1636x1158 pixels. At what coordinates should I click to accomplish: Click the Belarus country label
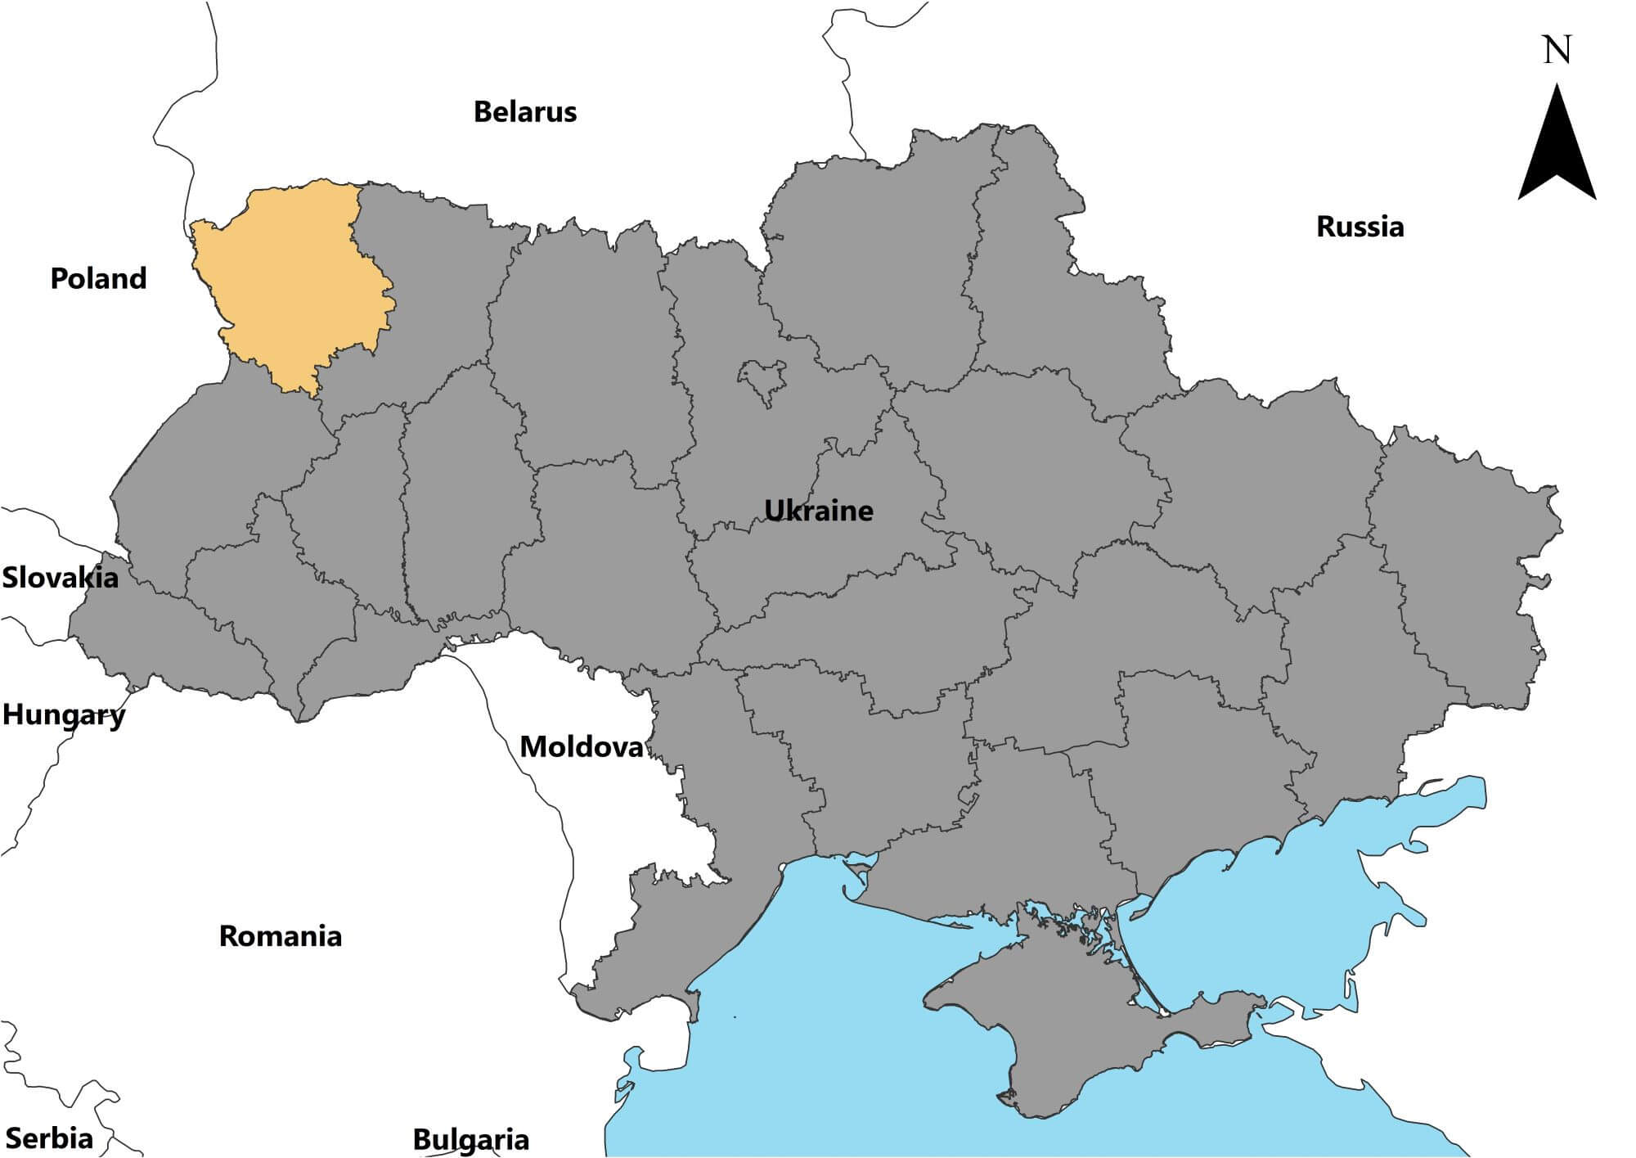(x=524, y=111)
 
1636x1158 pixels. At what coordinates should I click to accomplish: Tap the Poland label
(x=98, y=278)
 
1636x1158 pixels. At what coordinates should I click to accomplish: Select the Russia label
(x=1360, y=226)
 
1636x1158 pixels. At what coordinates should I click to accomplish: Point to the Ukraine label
(x=818, y=510)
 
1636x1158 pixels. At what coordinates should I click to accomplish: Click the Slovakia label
(x=60, y=578)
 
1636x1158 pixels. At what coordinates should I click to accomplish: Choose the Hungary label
(x=64, y=714)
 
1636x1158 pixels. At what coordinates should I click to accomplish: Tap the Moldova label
(x=581, y=746)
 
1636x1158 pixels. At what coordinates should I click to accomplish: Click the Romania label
(x=280, y=935)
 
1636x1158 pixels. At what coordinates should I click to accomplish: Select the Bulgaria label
(x=470, y=1139)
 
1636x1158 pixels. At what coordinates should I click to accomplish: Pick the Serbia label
(x=49, y=1138)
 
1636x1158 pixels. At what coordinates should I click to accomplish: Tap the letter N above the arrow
(x=1557, y=51)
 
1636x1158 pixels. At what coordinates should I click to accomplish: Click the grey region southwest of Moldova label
(x=646, y=941)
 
